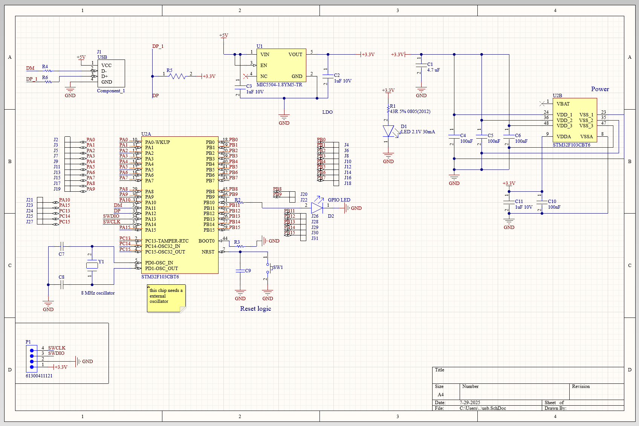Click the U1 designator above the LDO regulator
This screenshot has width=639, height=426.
(259, 46)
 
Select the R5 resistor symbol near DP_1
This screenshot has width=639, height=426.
(177, 76)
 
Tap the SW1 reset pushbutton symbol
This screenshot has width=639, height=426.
(268, 268)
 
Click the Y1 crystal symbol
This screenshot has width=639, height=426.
(92, 266)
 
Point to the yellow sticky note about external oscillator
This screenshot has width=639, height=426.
(166, 298)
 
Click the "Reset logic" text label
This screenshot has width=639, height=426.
(255, 308)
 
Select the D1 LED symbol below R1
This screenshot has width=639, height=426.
(388, 131)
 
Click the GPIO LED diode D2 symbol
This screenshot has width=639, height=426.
(317, 208)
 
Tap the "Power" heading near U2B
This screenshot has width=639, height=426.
(600, 89)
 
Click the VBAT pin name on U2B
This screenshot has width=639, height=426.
(563, 104)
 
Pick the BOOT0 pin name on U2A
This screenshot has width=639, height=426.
(206, 241)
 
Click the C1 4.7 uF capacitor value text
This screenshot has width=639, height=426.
(433, 70)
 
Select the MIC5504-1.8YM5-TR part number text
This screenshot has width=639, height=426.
(279, 85)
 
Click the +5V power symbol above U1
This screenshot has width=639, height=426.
(223, 35)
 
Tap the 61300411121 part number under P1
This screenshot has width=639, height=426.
(39, 376)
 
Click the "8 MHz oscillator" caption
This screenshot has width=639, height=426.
(98, 293)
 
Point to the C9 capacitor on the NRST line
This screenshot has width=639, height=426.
(240, 270)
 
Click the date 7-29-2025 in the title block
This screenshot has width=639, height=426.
(470, 403)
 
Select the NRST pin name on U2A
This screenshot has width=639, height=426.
(208, 252)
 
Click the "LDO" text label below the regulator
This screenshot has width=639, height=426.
(327, 112)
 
